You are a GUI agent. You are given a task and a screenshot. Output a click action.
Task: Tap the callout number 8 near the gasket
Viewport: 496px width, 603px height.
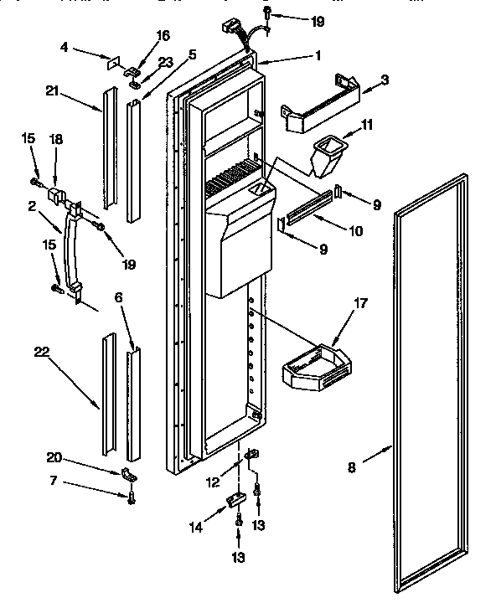pyautogui.click(x=352, y=467)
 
